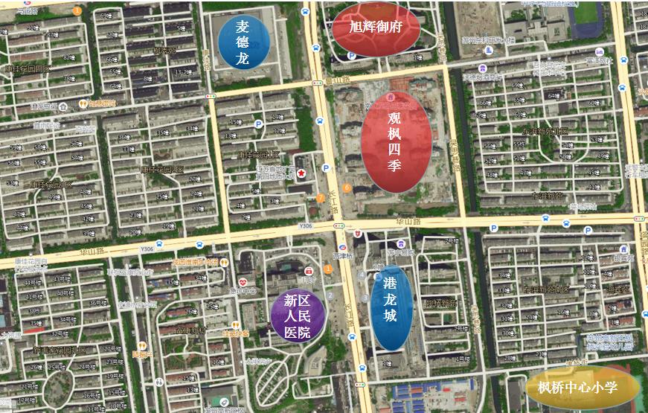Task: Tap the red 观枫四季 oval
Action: click(397, 141)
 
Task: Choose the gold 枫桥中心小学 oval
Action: click(583, 387)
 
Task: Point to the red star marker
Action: click(301, 173)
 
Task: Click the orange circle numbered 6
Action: click(347, 187)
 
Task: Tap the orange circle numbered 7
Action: click(320, 198)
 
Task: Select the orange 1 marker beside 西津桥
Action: click(328, 268)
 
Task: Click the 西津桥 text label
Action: click(343, 255)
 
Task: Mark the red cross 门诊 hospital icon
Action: click(309, 271)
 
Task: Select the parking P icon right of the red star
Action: click(327, 168)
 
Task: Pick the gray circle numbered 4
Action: click(362, 275)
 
